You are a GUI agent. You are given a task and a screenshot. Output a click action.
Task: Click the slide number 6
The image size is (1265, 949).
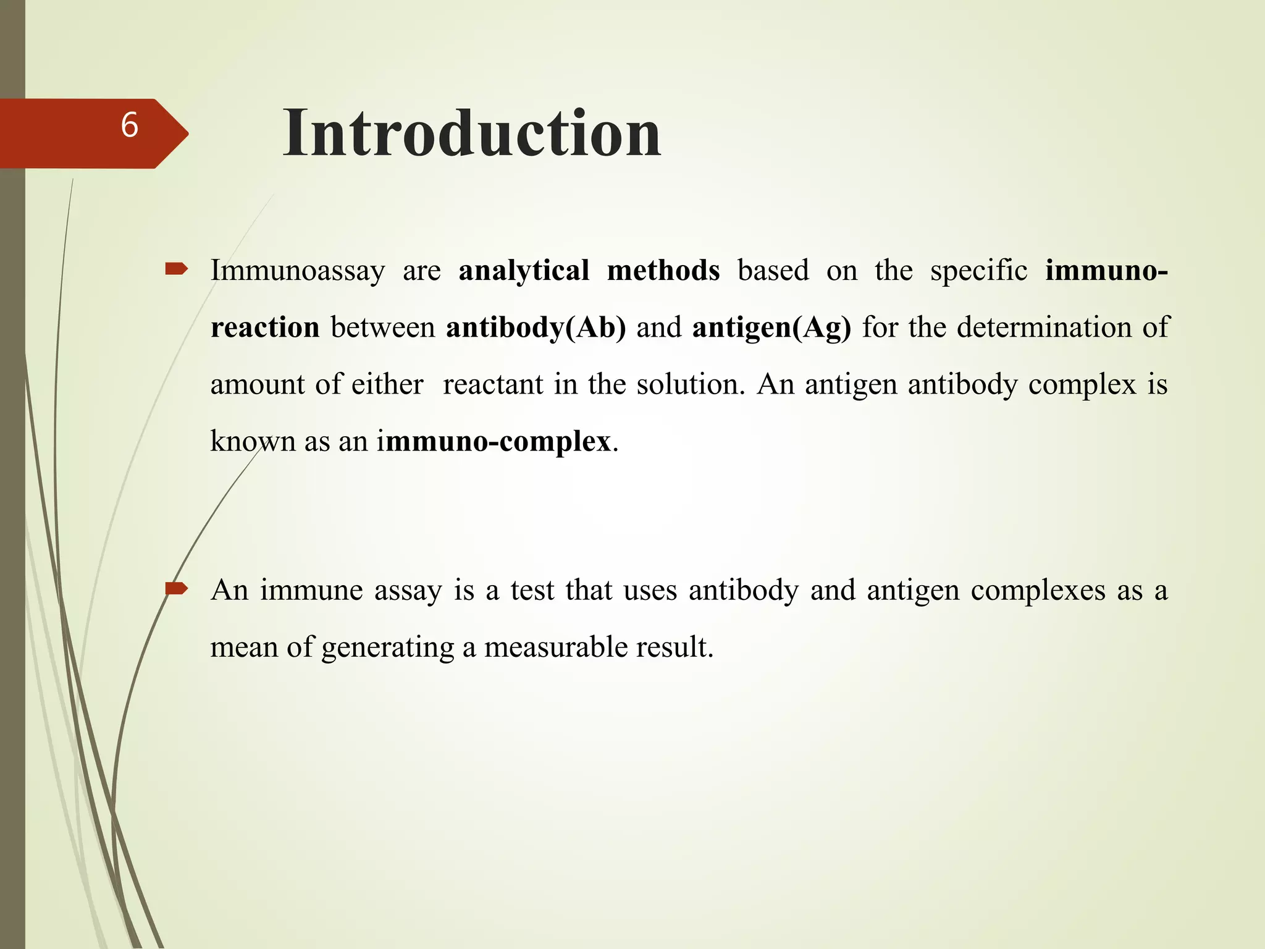click(x=129, y=125)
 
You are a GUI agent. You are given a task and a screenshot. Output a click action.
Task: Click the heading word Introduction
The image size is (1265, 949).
click(x=472, y=133)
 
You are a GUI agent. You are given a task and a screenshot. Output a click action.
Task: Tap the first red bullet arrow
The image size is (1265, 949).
click(x=176, y=269)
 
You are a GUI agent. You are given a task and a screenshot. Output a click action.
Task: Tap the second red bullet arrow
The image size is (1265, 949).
click(x=176, y=589)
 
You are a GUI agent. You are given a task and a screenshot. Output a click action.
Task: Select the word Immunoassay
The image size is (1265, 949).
click(x=297, y=271)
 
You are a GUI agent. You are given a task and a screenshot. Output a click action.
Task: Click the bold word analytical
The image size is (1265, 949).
click(x=524, y=271)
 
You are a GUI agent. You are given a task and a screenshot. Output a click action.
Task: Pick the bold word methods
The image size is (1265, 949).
click(x=663, y=271)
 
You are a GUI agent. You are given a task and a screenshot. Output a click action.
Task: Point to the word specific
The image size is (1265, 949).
click(x=978, y=271)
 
